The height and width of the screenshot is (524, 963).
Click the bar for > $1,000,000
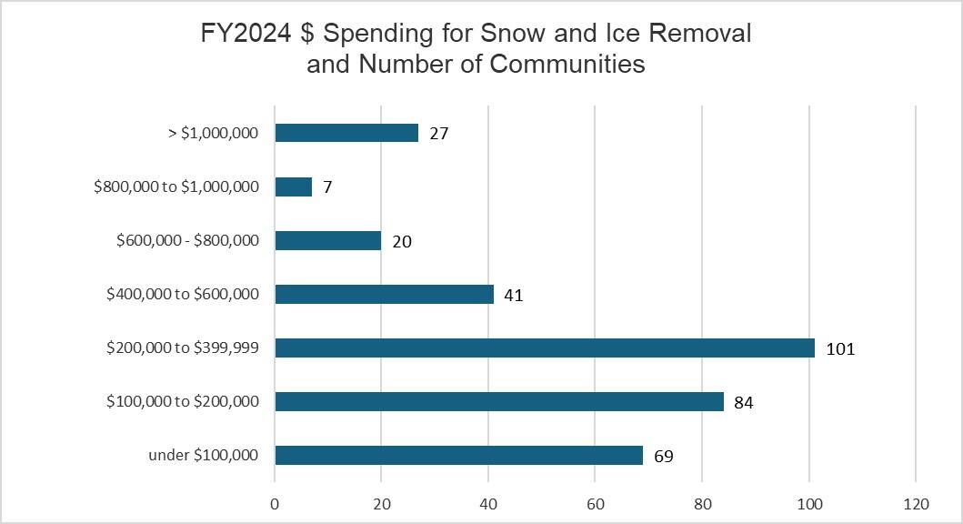(x=346, y=133)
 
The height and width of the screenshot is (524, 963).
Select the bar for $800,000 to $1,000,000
(x=293, y=186)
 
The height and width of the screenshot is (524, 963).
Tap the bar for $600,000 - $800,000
(x=327, y=240)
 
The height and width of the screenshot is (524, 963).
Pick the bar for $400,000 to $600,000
(x=384, y=294)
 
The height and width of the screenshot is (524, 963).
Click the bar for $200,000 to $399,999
(x=544, y=348)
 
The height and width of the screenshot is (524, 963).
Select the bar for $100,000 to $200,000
(x=498, y=401)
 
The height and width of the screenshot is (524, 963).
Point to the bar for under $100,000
(x=458, y=455)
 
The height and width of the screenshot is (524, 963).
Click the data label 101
(x=840, y=348)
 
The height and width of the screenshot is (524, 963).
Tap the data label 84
(x=744, y=402)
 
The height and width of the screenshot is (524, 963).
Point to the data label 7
(x=327, y=187)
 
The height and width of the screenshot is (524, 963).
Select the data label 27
(x=439, y=134)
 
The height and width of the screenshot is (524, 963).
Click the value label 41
(x=514, y=295)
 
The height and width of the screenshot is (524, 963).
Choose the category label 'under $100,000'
(x=204, y=455)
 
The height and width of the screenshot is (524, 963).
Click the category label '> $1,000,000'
(x=214, y=133)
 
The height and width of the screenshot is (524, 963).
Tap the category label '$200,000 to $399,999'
(x=183, y=348)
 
